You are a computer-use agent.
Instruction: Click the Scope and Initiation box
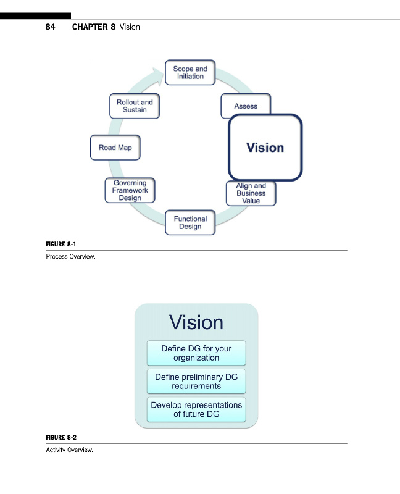(190, 73)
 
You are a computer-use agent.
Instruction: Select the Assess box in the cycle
(246, 106)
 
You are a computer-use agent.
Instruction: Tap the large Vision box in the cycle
(265, 148)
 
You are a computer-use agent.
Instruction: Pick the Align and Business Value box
(251, 193)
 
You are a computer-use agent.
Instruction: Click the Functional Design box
(190, 223)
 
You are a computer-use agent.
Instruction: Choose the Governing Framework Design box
(130, 190)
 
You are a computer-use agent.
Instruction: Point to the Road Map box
(115, 148)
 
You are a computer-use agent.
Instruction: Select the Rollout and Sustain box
(135, 106)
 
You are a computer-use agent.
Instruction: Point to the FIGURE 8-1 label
(61, 245)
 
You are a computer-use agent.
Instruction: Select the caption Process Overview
(70, 256)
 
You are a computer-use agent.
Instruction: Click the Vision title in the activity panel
(196, 322)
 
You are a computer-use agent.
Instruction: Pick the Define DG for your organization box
(196, 353)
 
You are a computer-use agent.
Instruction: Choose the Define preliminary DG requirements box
(196, 382)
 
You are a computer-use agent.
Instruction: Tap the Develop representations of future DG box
(196, 410)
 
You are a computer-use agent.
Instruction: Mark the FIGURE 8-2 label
(61, 438)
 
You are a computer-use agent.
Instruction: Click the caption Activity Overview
(70, 450)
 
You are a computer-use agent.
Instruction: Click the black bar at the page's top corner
(35, 15)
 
